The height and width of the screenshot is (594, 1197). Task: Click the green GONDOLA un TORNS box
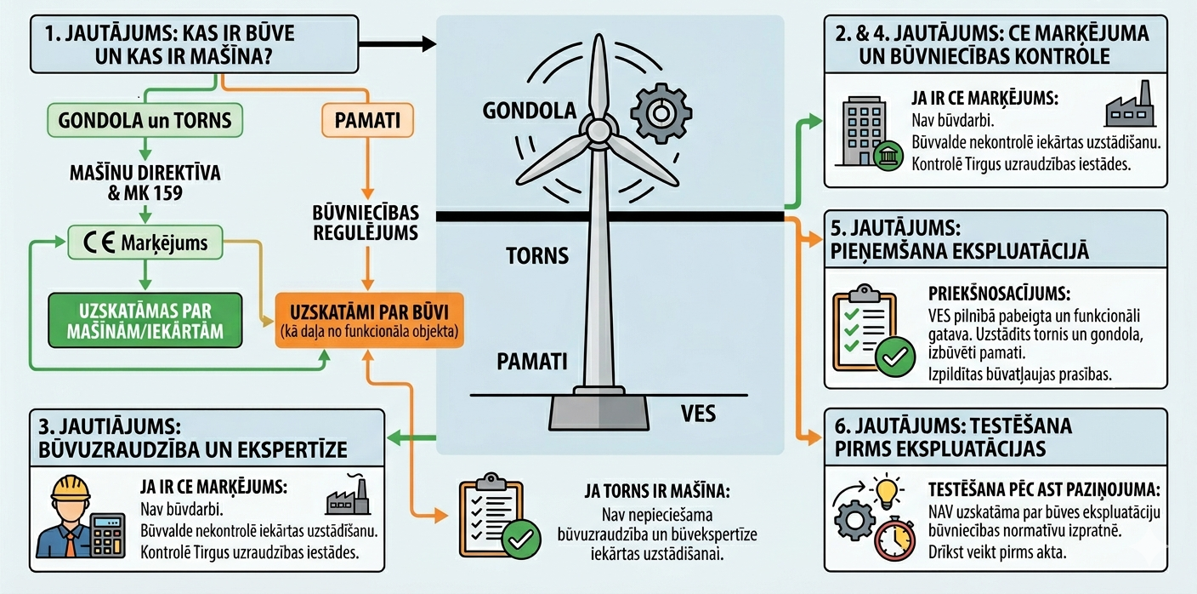coord(145,120)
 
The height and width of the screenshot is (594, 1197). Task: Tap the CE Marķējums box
coord(145,243)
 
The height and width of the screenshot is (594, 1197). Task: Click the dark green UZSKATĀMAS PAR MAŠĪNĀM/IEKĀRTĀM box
coord(145,320)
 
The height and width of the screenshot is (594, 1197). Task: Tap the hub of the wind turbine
coord(598,130)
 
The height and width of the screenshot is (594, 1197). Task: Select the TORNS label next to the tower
coord(536,255)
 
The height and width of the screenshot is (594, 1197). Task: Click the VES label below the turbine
coord(698,414)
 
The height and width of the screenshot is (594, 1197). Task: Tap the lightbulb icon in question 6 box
coord(887,493)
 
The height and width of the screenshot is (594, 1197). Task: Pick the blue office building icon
coord(864,128)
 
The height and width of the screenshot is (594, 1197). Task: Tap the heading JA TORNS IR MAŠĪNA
coord(657,491)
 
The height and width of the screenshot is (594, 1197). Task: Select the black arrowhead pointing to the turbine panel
coord(426,43)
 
